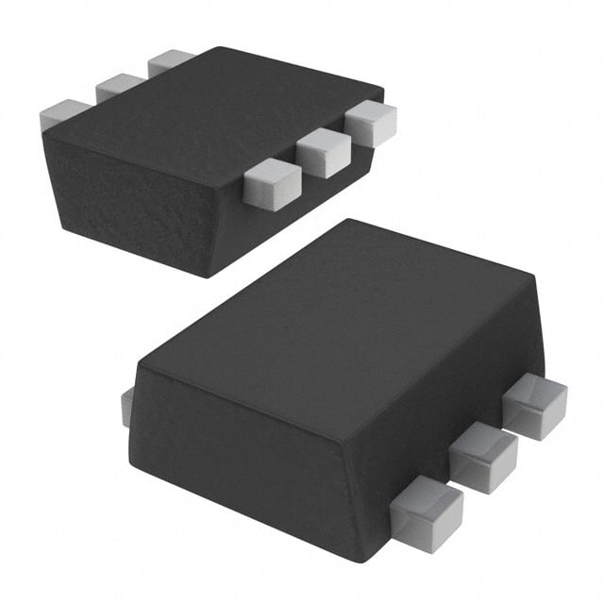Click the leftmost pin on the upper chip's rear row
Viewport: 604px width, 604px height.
point(63,113)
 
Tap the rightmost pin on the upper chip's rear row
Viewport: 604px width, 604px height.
point(169,61)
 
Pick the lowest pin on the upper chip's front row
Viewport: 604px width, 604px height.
point(272,182)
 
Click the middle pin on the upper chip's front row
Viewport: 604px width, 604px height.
point(323,151)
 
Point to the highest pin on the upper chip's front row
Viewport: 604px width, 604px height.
point(370,122)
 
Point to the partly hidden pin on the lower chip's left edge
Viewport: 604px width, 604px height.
point(126,406)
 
